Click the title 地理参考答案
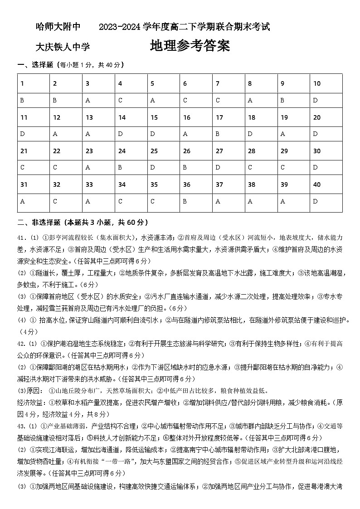click(190, 46)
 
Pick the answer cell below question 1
click(34, 100)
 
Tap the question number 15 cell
click(164, 117)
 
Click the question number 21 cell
click(34, 151)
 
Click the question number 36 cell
click(196, 185)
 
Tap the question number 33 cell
click(99, 185)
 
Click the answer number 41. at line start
click(22, 238)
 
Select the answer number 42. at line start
click(22, 344)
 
